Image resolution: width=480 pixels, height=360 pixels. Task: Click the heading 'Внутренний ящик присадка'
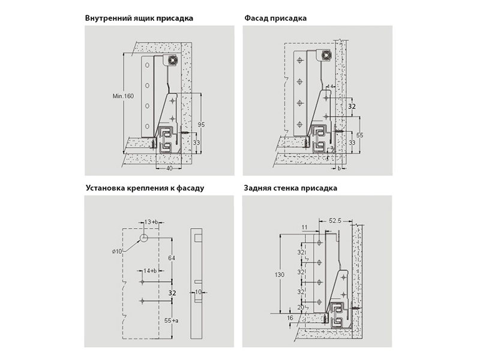click(139, 18)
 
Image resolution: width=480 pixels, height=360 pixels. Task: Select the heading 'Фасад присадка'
click(275, 18)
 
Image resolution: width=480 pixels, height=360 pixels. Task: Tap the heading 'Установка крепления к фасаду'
click(145, 188)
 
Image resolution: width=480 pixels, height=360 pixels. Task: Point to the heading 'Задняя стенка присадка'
click(290, 188)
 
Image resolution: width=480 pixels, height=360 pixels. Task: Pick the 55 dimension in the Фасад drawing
click(360, 135)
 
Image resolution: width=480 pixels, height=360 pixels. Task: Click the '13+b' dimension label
click(151, 222)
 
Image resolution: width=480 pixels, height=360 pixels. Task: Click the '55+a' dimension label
click(172, 322)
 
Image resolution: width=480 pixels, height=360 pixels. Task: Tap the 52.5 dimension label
click(335, 221)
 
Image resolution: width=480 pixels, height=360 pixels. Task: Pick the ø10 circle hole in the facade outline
click(145, 238)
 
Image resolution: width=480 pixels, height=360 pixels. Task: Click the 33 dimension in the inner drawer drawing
click(196, 142)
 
